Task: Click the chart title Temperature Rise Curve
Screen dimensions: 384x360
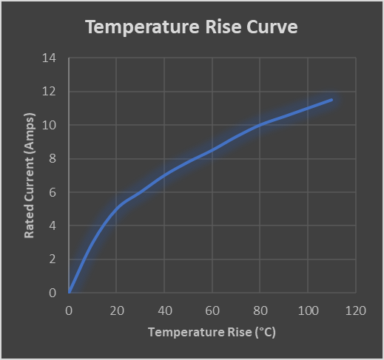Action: coord(192,27)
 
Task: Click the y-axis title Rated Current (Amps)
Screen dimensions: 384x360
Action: coord(30,175)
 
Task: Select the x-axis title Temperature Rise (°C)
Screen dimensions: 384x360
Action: coord(212,332)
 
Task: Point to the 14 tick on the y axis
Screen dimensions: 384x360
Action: coord(49,58)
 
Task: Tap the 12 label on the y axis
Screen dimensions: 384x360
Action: coord(49,92)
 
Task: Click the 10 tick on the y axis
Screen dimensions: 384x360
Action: coord(49,125)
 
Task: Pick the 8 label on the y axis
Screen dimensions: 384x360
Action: coord(53,159)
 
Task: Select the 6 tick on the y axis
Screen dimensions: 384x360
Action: coord(53,192)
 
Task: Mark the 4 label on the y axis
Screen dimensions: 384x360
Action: coord(53,225)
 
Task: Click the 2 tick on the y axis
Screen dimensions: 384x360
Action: coord(53,259)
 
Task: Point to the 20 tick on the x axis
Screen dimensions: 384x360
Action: coord(117,310)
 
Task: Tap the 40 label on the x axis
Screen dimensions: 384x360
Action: coord(165,310)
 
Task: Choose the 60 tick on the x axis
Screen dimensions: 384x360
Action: coord(212,310)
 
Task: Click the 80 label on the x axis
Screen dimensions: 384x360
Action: coord(260,310)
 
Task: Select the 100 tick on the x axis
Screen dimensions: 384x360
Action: coord(308,310)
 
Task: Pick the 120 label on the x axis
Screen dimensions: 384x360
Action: coord(356,310)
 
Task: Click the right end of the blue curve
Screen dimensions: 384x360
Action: coord(331,100)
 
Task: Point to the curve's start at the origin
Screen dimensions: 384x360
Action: coord(70,293)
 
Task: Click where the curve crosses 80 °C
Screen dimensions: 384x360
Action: coord(260,125)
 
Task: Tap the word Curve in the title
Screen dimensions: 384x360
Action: coord(272,27)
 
